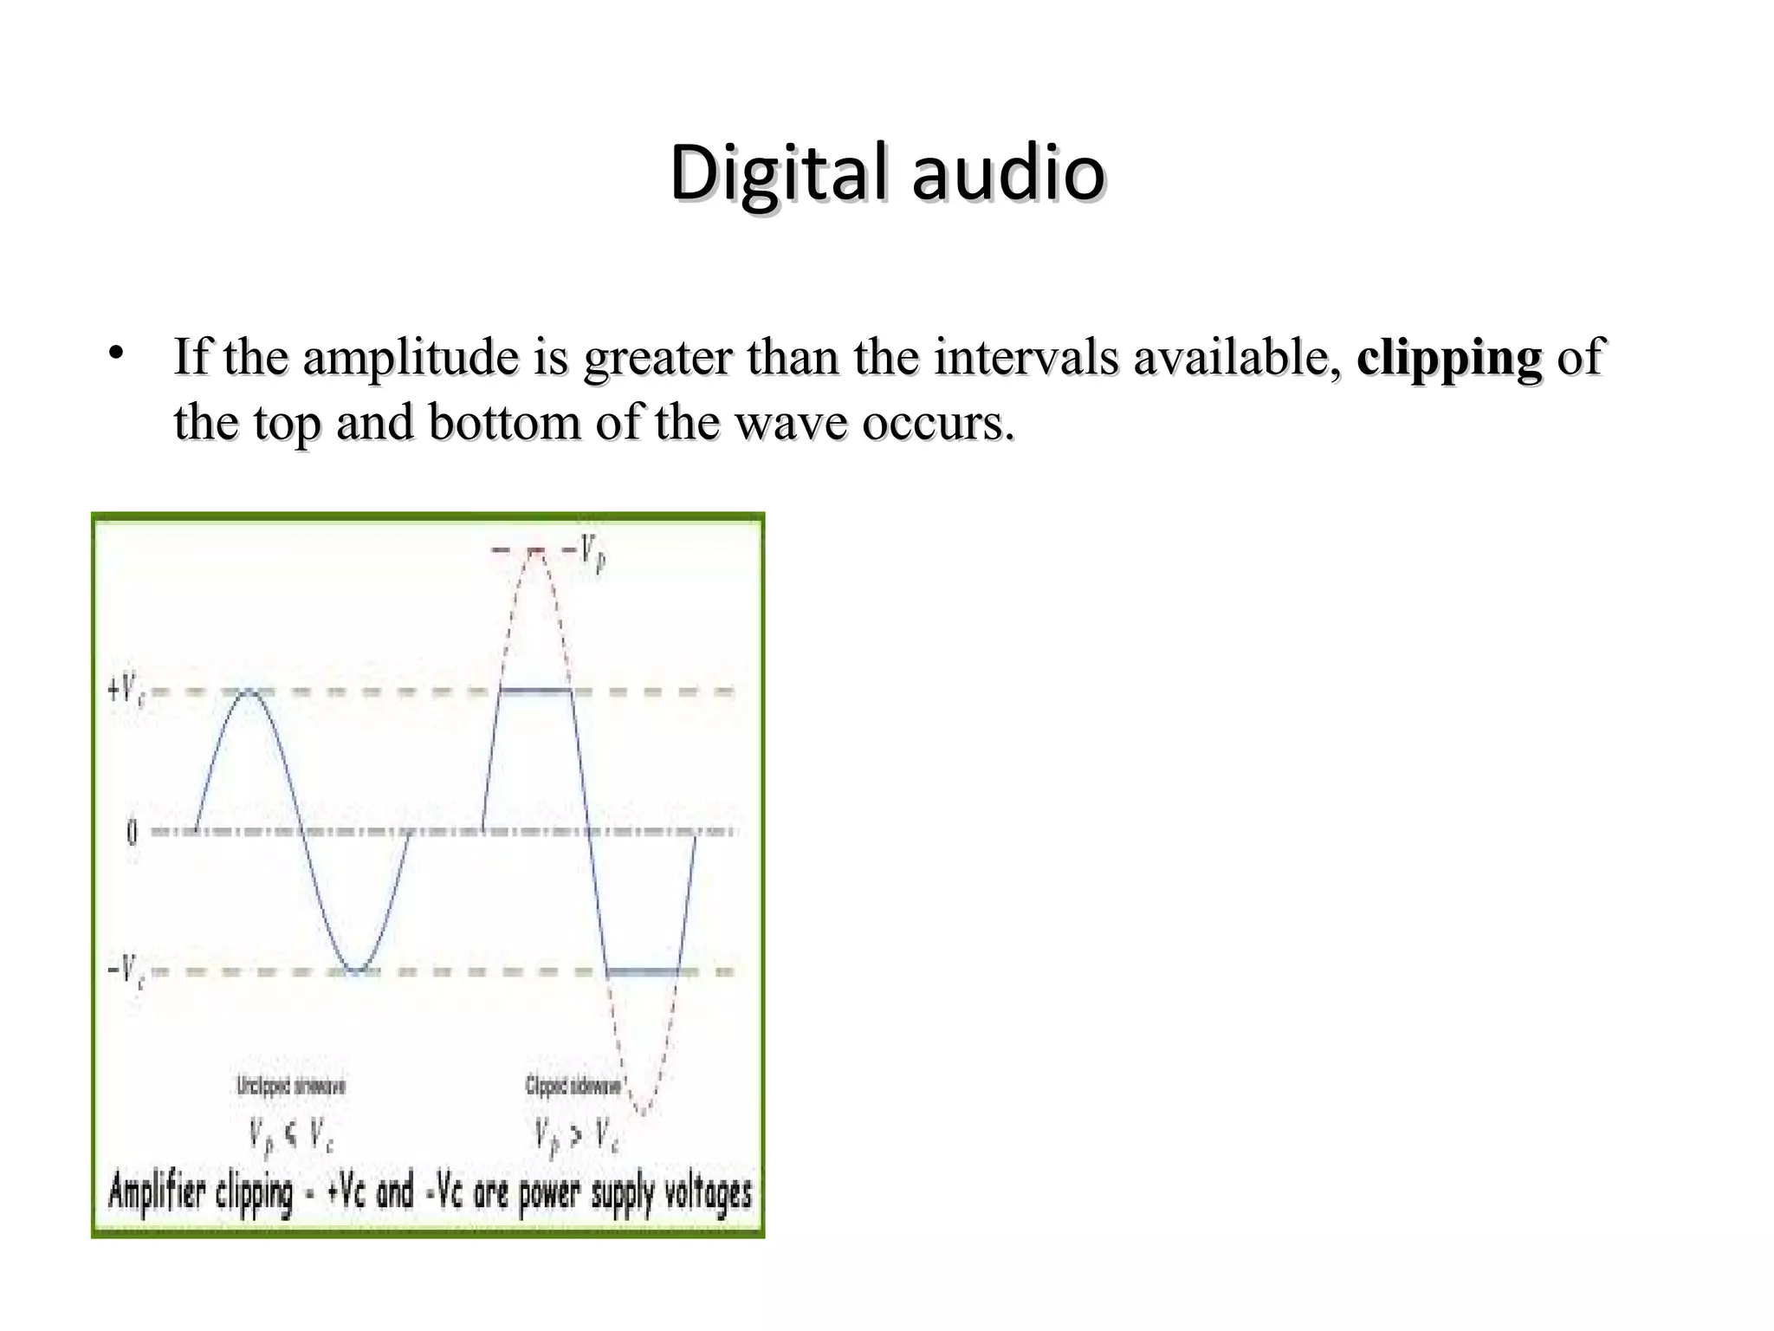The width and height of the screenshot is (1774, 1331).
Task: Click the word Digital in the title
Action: pos(778,172)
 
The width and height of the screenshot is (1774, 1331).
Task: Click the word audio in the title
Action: pos(1008,172)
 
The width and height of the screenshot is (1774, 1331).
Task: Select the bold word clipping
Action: pos(1449,357)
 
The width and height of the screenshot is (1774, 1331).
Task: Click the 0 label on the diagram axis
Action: pos(132,833)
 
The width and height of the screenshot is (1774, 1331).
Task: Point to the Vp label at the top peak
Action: pos(592,550)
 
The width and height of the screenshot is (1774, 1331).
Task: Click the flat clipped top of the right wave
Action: pos(535,691)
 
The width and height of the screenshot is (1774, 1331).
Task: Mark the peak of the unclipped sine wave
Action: pos(249,691)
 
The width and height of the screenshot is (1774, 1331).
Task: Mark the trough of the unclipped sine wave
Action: pos(354,971)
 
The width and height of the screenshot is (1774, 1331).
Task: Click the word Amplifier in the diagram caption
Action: pos(156,1193)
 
